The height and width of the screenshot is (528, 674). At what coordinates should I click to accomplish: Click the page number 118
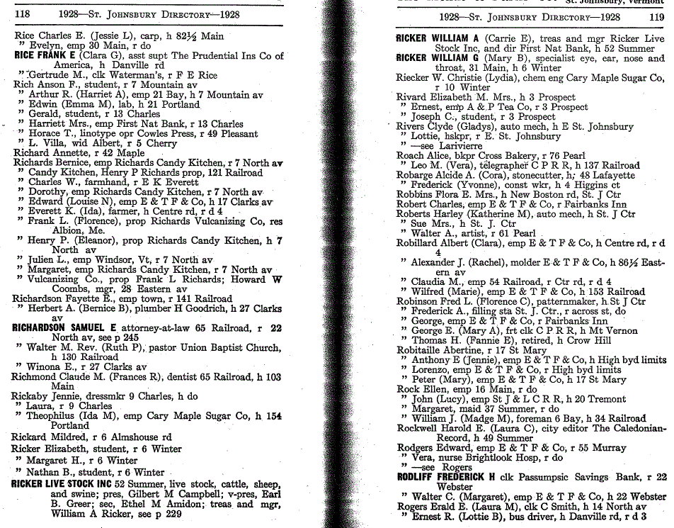[22, 14]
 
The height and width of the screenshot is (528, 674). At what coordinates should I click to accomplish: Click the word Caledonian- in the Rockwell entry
[636, 428]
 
